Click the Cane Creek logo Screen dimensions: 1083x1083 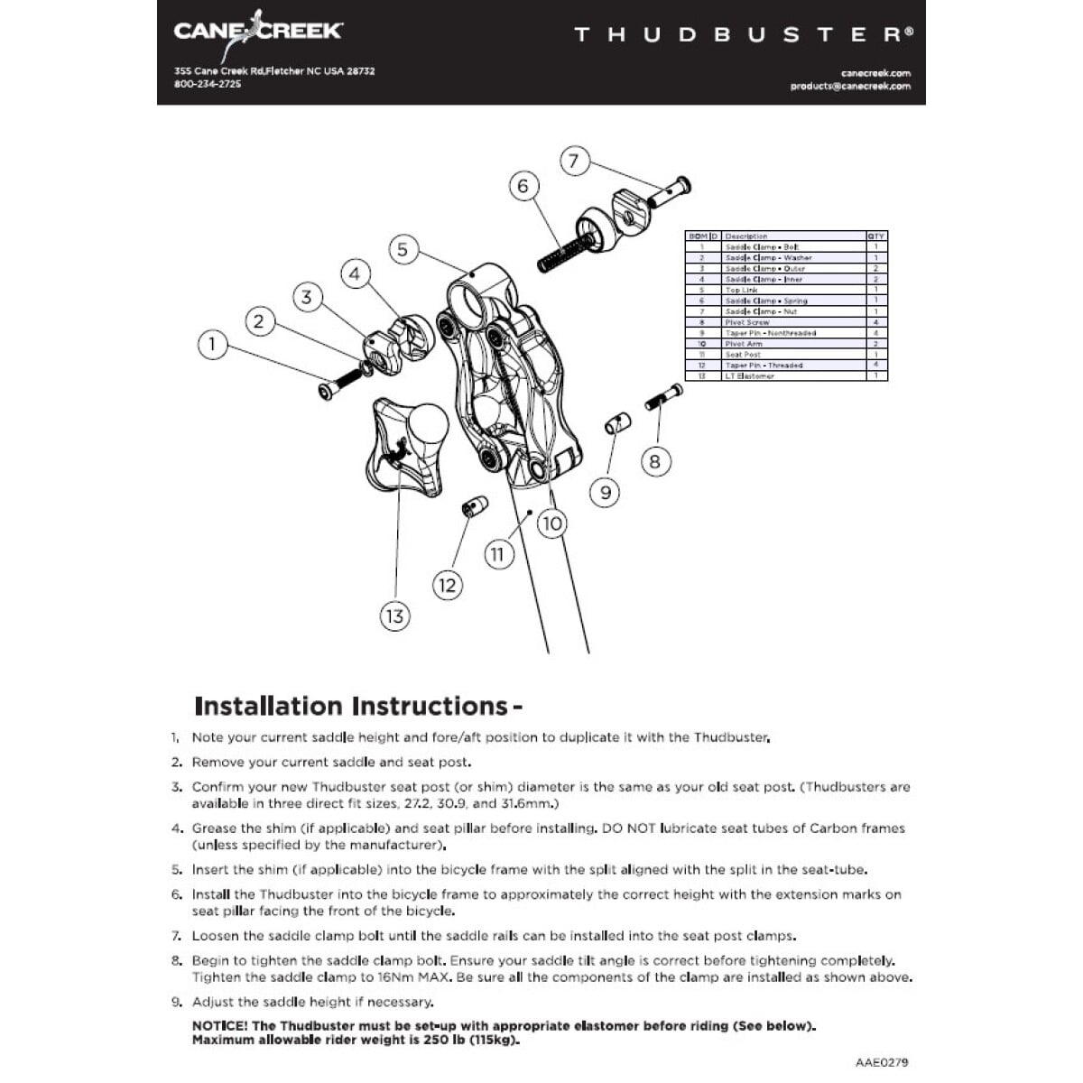pos(257,30)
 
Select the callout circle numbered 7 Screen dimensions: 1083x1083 pos(575,162)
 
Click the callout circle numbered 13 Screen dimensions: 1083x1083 pos(394,616)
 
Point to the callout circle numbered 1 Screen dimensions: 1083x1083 pos(212,344)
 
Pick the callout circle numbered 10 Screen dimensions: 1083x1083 pos(551,523)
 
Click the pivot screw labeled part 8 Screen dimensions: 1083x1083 pos(665,397)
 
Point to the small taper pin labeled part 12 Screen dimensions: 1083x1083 pos(475,505)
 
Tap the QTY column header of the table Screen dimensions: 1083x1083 pos(875,236)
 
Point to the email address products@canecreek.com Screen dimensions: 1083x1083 pos(850,87)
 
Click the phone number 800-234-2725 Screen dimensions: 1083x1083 pos(208,84)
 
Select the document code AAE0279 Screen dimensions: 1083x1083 pos(882,1062)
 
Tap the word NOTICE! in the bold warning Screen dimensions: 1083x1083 pos(219,1026)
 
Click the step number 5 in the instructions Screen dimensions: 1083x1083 pos(177,870)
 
